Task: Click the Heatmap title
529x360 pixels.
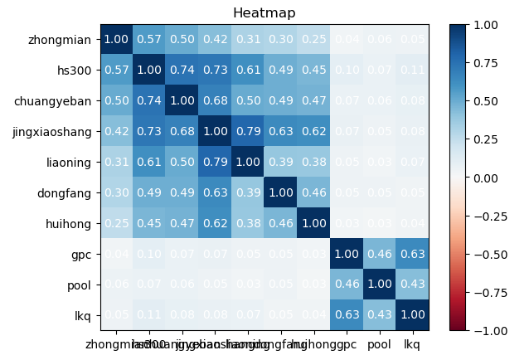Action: (264, 13)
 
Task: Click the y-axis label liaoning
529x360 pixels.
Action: (69, 163)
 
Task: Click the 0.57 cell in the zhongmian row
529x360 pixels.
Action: (148, 40)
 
